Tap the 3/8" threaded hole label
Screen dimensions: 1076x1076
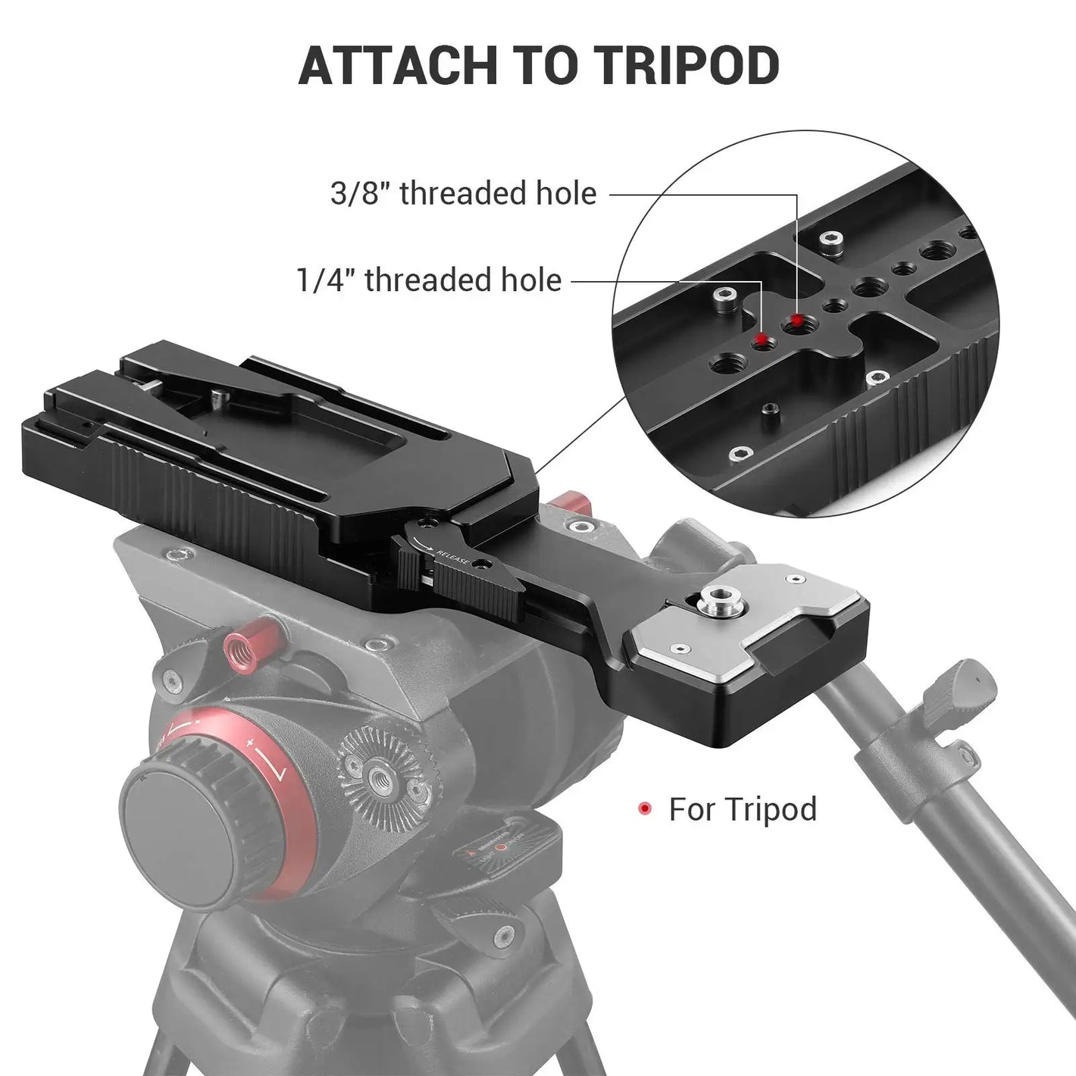point(464,193)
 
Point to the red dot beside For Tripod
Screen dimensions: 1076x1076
point(646,808)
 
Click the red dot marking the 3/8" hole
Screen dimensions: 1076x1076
point(798,320)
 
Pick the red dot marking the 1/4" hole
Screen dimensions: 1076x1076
point(761,339)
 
